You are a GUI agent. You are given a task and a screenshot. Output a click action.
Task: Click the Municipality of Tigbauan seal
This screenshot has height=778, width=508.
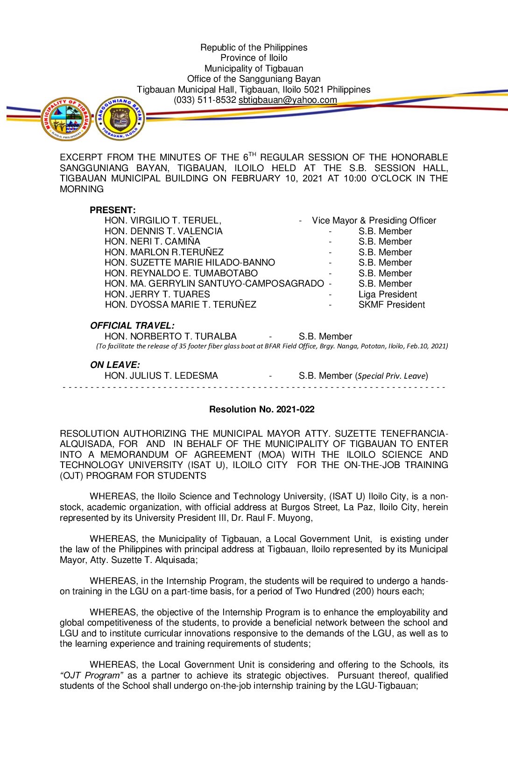click(66, 119)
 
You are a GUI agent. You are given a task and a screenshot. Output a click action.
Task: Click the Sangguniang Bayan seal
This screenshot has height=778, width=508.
click(120, 118)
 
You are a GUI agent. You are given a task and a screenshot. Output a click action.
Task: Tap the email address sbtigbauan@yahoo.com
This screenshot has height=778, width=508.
click(288, 100)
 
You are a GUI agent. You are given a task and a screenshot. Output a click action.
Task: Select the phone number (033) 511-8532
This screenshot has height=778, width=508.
click(205, 100)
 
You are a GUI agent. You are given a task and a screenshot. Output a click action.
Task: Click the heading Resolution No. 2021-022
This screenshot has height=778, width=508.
click(261, 410)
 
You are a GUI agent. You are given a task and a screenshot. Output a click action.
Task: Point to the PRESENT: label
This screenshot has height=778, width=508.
click(113, 210)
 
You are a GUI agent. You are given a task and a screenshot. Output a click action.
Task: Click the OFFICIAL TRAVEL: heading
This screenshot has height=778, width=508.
click(132, 326)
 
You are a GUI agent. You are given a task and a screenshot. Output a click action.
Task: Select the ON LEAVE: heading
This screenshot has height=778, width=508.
click(115, 365)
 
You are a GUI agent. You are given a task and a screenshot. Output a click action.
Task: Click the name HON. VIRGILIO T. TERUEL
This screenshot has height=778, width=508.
click(162, 221)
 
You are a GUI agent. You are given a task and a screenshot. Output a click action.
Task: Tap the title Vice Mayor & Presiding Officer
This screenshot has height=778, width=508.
click(374, 221)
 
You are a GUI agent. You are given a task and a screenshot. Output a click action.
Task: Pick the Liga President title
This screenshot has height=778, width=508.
click(388, 295)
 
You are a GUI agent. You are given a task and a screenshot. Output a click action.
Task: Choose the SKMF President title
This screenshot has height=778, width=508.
click(392, 305)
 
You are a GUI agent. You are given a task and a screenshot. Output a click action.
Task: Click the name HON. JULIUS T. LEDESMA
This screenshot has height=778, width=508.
click(161, 376)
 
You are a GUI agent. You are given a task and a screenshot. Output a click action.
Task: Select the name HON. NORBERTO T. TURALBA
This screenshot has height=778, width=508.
click(170, 337)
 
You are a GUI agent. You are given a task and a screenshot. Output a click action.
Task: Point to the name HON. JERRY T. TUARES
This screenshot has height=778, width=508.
click(157, 295)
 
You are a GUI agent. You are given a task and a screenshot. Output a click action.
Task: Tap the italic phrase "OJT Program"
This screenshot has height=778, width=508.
click(92, 676)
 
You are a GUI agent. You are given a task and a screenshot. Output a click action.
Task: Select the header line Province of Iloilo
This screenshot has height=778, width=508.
click(254, 58)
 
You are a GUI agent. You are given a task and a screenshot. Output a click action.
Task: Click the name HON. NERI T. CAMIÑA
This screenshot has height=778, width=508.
click(152, 242)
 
